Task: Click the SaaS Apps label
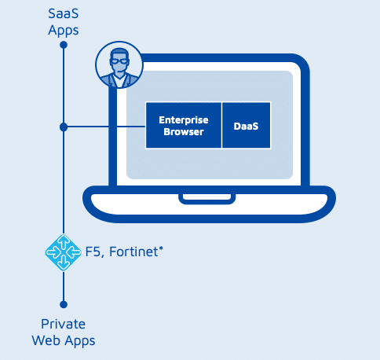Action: [x=64, y=22]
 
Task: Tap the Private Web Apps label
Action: [x=64, y=332]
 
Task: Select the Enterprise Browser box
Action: [x=184, y=126]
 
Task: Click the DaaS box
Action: [x=246, y=126]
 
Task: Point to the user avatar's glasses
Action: [x=119, y=62]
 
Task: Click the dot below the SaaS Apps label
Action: [x=64, y=45]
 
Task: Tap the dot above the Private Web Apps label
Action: [x=64, y=304]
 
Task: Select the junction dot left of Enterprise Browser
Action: [x=64, y=127]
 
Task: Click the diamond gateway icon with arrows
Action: [x=63, y=252]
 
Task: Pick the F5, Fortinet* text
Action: [x=124, y=252]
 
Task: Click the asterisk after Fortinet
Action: [x=161, y=248]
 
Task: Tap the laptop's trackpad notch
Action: [x=207, y=198]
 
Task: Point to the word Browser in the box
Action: [x=184, y=132]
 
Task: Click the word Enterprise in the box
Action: [x=184, y=120]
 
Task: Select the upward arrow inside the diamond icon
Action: [x=63, y=242]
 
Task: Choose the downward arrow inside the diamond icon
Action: [x=63, y=263]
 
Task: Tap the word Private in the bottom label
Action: [x=64, y=324]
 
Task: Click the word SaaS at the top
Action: [x=64, y=13]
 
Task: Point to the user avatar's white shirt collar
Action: [x=119, y=81]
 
